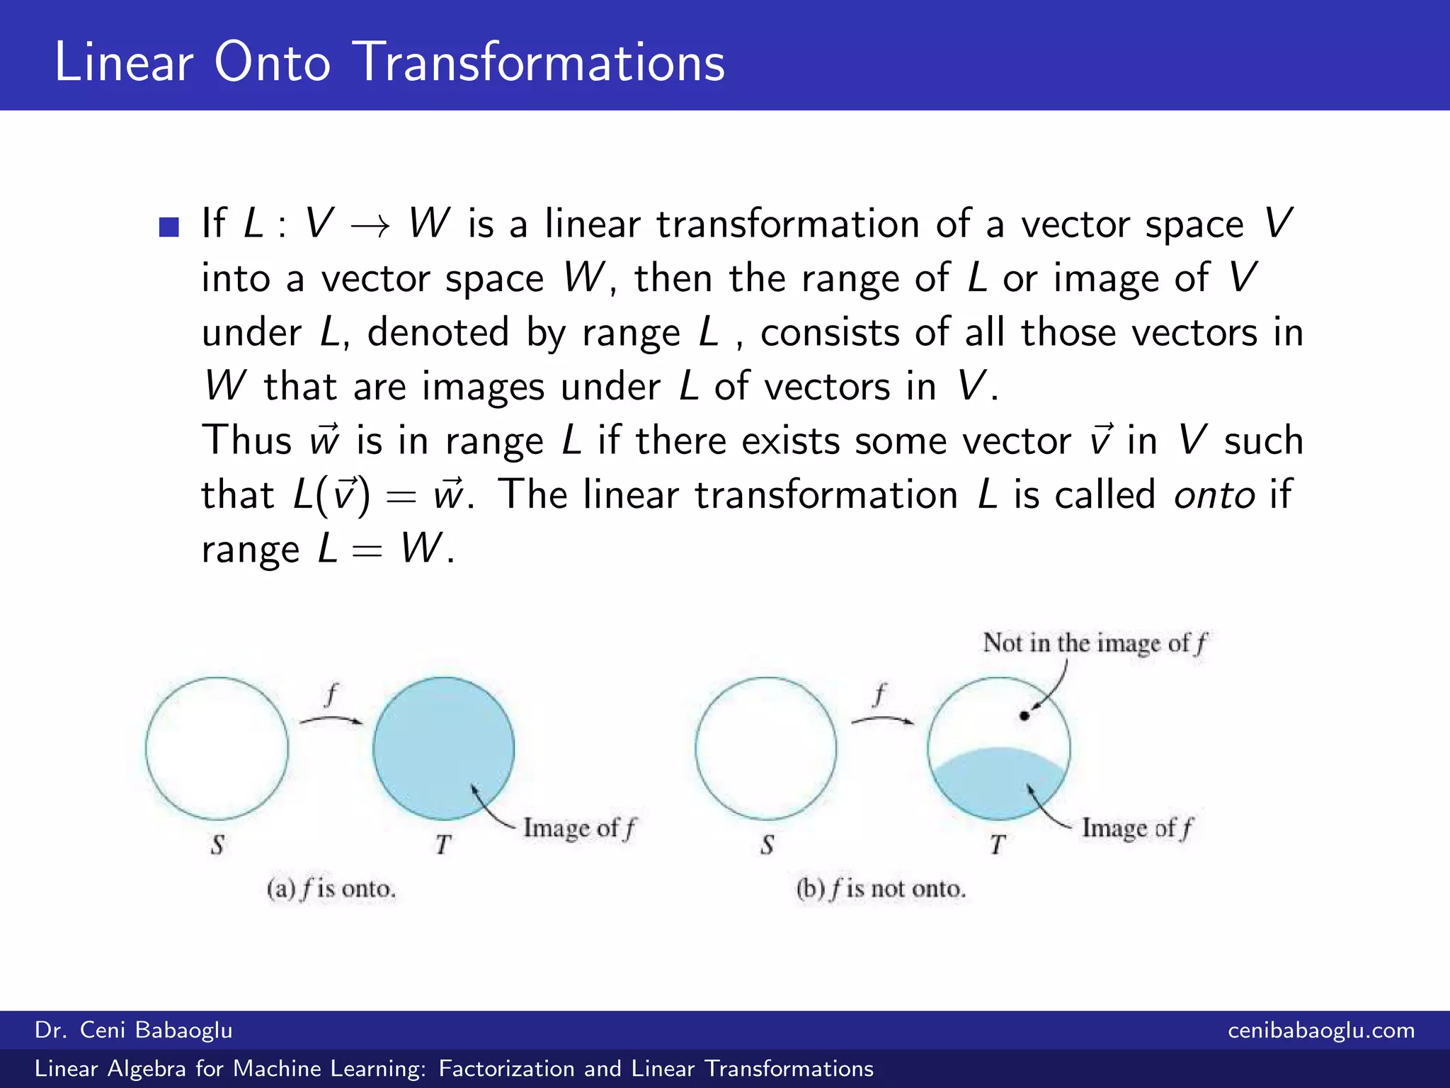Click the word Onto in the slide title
272,62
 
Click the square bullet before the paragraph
169,227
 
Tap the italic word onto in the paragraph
1214,494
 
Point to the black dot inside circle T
1024,715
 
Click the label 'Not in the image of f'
1094,643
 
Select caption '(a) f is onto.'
331,888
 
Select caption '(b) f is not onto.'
881,888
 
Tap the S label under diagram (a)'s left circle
217,844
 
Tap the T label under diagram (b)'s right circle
998,844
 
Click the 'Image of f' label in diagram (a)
579,828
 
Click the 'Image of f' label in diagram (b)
1136,828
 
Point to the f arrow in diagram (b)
881,720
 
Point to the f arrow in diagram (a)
331,720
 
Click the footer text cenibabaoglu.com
1321,1030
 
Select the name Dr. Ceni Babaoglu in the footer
134,1030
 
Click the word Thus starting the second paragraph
246,441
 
